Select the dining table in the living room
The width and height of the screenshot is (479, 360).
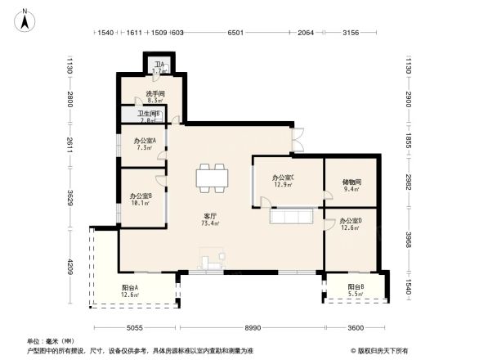click(212, 178)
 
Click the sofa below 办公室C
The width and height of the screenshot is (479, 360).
click(290, 218)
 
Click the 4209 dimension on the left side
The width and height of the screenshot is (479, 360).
click(70, 267)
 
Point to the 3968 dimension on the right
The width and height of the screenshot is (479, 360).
click(408, 239)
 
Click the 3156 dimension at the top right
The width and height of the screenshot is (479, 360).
click(351, 33)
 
